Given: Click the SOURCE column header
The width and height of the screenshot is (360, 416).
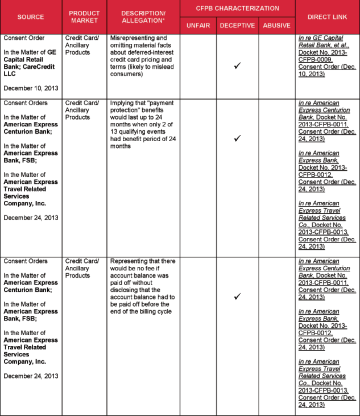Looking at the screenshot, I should (31, 17).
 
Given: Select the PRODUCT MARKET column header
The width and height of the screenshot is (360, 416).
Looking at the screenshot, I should (84, 17).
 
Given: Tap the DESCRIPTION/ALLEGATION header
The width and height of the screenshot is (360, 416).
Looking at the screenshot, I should (143, 17).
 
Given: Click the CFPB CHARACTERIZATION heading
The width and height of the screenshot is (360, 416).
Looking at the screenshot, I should (238, 9).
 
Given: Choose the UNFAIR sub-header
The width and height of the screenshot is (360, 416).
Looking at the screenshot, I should (198, 26).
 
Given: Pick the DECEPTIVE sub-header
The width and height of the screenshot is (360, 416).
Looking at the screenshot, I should (238, 26).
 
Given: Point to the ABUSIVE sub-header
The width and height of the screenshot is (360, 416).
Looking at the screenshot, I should (276, 26).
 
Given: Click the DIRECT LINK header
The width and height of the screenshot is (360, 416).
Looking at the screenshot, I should (327, 17).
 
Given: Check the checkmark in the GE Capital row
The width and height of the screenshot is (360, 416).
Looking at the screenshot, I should (238, 66).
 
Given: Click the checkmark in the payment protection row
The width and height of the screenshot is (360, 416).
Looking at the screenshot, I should (238, 138).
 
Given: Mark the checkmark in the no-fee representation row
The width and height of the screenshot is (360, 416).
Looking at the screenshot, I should (238, 296).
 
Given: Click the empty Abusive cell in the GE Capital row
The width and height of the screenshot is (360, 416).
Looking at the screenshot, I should (276, 66).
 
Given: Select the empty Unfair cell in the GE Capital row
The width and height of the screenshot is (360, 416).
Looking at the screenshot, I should (198, 66).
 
